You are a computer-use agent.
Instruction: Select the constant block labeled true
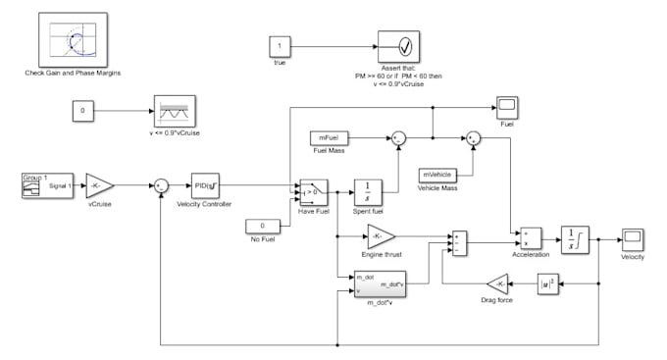pos(280,46)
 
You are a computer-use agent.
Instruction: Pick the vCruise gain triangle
pos(101,183)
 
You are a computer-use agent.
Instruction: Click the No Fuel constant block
pos(263,228)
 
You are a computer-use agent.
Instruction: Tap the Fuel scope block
pos(507,106)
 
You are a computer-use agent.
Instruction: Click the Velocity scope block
pos(631,238)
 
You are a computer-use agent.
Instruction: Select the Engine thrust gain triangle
pos(381,236)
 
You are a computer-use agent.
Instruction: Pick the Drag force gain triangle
pos(499,283)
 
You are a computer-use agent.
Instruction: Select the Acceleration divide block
pos(531,238)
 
